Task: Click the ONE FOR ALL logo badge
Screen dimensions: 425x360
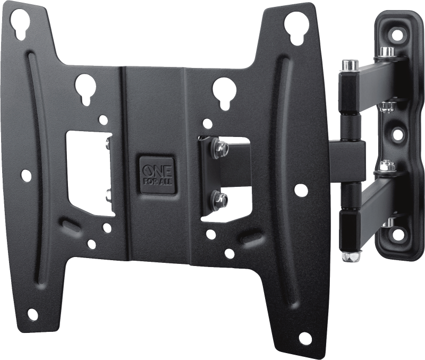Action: [x=157, y=175]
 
